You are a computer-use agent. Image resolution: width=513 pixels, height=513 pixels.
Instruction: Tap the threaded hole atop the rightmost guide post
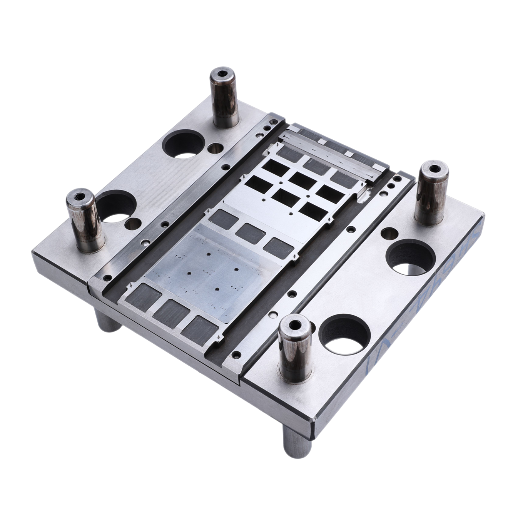point(434,168)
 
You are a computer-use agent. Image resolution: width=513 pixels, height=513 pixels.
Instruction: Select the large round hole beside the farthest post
point(183,144)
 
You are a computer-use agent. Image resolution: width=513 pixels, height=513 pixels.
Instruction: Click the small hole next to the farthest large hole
point(215,148)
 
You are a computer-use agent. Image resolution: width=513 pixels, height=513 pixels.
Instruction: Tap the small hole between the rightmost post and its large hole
point(389,232)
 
